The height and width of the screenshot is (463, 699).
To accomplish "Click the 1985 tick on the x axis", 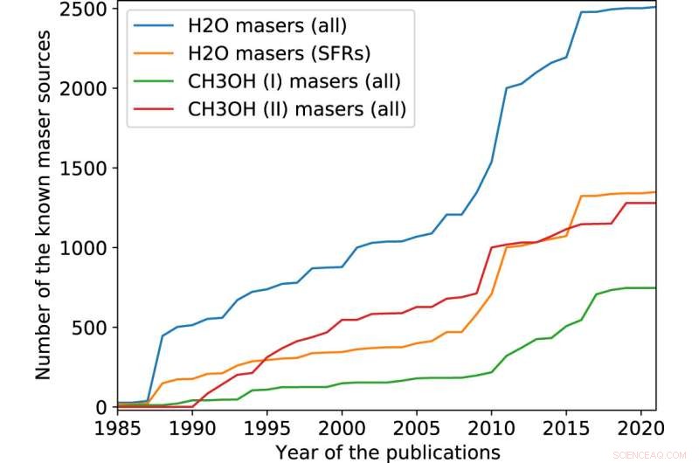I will (118, 428).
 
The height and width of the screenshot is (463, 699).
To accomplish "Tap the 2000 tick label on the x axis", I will (342, 428).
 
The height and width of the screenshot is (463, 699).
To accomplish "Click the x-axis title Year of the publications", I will (387, 452).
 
